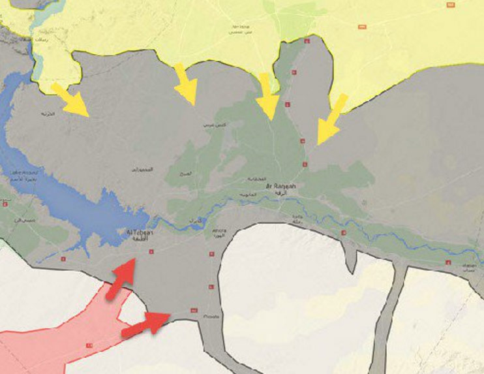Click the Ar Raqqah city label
point(280,186)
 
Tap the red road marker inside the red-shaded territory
point(89,344)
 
